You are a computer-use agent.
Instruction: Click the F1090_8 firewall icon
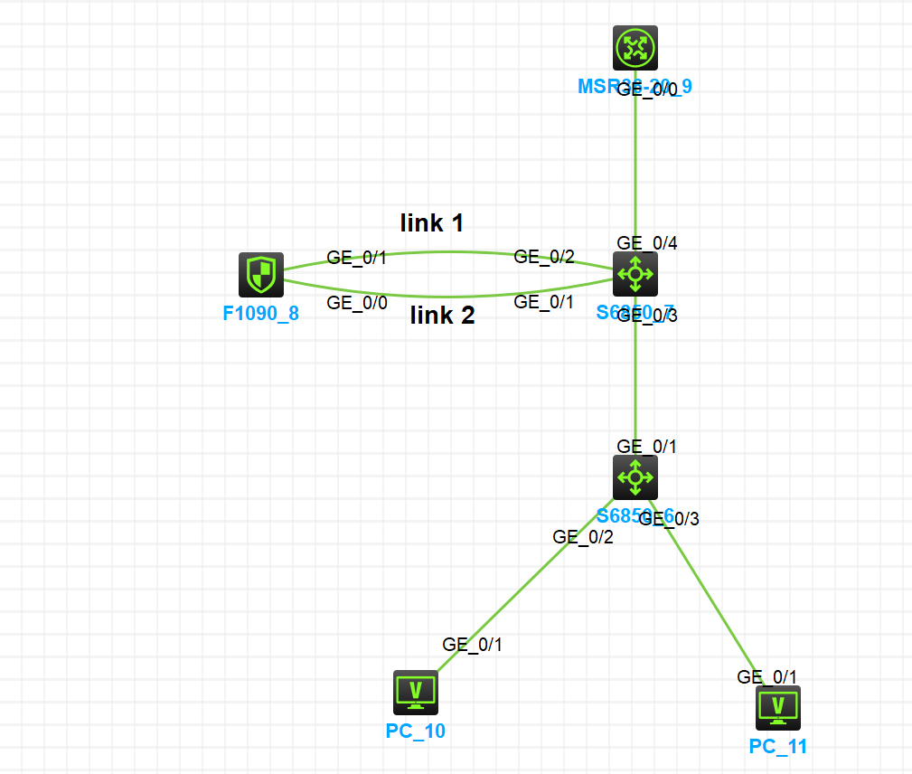[261, 275]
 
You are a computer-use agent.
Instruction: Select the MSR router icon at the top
[635, 48]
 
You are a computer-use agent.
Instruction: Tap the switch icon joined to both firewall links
[635, 274]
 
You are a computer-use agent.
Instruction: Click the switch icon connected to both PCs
[635, 477]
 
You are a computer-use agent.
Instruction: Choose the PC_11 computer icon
[778, 707]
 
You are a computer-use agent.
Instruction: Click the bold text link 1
[432, 222]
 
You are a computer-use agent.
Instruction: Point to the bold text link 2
[443, 315]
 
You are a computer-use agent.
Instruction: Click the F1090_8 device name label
[261, 316]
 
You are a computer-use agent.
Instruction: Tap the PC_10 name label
[416, 731]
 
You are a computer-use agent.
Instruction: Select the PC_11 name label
[778, 746]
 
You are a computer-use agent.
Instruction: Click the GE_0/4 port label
[647, 242]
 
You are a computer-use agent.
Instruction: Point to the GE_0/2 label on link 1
[544, 256]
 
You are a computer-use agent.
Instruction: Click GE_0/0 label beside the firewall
[357, 303]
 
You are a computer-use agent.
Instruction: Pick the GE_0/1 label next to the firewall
[357, 258]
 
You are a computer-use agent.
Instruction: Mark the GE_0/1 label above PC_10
[472, 645]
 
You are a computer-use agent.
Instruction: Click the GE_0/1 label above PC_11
[767, 676]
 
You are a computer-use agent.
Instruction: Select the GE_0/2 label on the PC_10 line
[583, 536]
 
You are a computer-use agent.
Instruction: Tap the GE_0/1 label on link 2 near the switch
[544, 302]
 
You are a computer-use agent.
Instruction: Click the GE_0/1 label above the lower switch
[647, 446]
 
